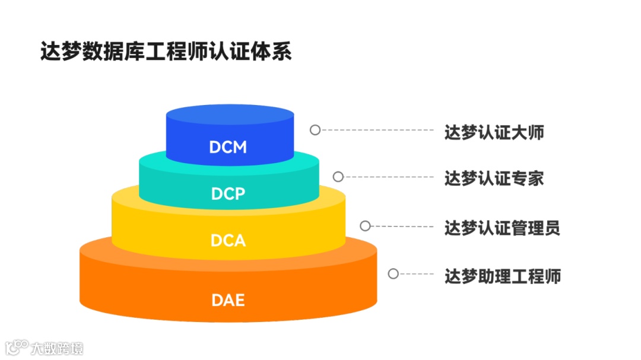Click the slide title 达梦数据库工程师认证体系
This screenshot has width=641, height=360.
click(166, 52)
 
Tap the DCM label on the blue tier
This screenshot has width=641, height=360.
click(228, 147)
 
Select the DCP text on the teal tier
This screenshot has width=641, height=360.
click(228, 193)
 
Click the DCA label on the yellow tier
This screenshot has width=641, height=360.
click(228, 241)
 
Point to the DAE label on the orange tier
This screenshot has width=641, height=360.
click(228, 300)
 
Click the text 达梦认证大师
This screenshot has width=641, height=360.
click(494, 132)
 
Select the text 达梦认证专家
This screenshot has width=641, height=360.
click(494, 179)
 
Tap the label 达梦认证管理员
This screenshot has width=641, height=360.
click(502, 228)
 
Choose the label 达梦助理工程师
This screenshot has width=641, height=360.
click(502, 276)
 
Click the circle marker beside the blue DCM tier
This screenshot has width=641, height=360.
click(315, 130)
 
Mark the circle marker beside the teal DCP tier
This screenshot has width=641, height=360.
click(338, 177)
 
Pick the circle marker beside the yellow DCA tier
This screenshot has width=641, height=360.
click(366, 226)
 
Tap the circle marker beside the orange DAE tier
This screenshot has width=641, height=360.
click(393, 273)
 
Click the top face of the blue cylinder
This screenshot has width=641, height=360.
click(230, 115)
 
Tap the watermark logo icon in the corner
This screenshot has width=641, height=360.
click(17, 346)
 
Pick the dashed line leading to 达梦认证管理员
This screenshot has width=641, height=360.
click(404, 226)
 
